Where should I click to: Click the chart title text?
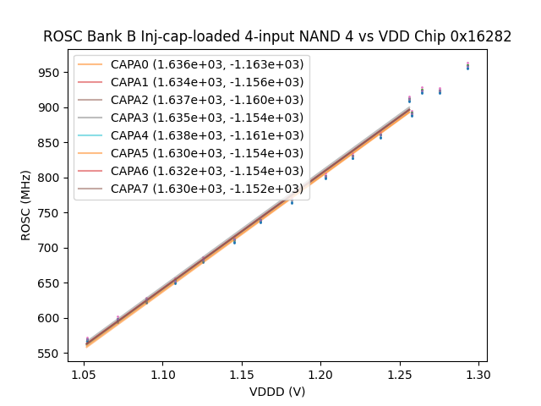click(277, 36)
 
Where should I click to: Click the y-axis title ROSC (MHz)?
click(26, 205)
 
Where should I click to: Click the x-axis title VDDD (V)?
click(277, 392)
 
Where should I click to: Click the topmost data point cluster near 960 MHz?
click(467, 66)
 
